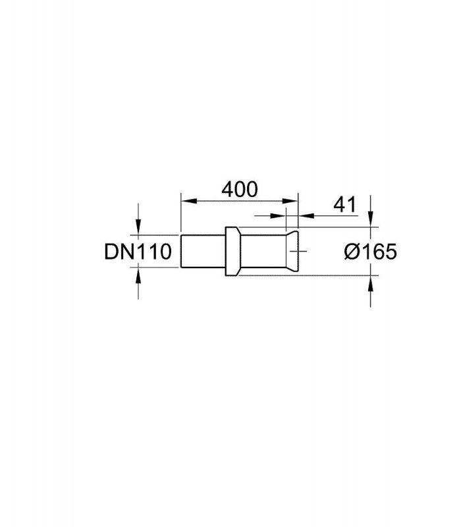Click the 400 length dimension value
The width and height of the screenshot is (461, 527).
pyautogui.click(x=240, y=189)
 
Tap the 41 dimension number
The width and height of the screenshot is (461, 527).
pyautogui.click(x=344, y=205)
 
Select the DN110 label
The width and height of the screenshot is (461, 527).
pyautogui.click(x=138, y=252)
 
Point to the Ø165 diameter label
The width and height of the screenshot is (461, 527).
pyautogui.click(x=370, y=252)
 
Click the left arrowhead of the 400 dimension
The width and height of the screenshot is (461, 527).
pyautogui.click(x=188, y=201)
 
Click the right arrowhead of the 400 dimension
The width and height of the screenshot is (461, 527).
pyautogui.click(x=290, y=201)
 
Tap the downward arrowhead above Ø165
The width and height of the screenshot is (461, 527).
pyautogui.click(x=370, y=219)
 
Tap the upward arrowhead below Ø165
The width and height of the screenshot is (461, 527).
pyautogui.click(x=370, y=283)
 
